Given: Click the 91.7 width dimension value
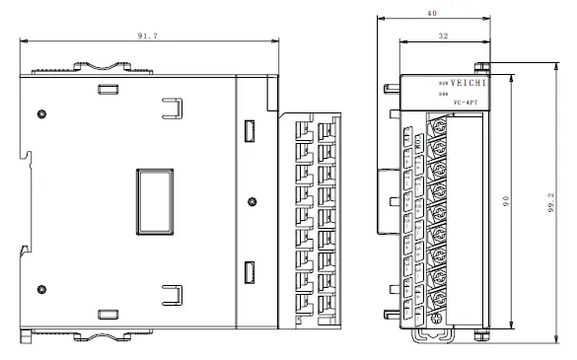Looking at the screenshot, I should coord(150,36).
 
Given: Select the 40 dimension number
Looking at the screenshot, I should coord(431,14).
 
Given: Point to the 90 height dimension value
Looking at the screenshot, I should coord(506,200).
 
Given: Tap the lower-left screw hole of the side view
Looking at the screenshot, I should coord(40,289).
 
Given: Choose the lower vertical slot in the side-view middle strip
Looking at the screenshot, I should coord(249,271).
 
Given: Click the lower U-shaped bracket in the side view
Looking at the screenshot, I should coord(172,293).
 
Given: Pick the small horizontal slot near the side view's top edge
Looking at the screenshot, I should coord(105,89).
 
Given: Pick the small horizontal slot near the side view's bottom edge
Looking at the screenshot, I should coord(105,313).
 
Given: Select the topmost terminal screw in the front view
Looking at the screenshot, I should coord(436,125).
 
